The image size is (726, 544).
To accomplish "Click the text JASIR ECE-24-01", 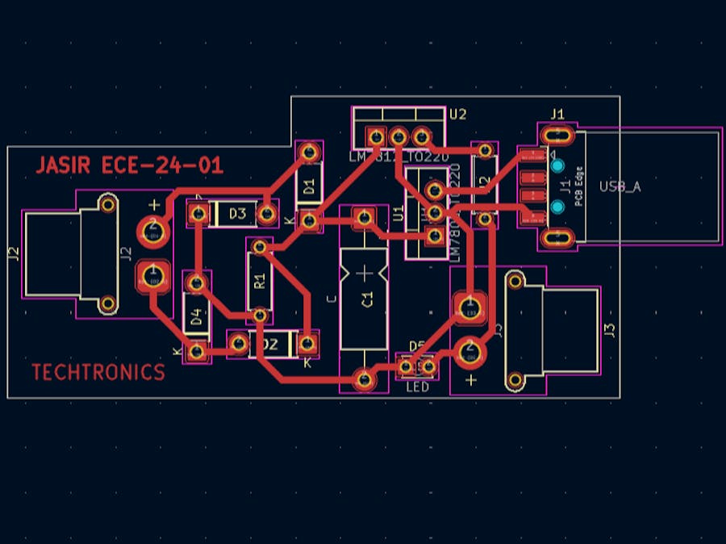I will [x=129, y=166].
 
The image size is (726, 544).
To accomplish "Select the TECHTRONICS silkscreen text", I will [x=98, y=372].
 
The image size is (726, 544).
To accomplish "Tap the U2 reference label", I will [x=458, y=114].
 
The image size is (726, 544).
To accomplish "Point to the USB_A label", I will [x=620, y=186].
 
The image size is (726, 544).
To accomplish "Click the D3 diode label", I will [x=237, y=214].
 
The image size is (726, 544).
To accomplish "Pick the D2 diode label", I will [x=270, y=345].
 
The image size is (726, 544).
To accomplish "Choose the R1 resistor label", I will [x=260, y=281].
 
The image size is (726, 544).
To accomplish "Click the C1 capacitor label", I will [x=368, y=299].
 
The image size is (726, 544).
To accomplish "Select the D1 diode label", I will [x=308, y=187].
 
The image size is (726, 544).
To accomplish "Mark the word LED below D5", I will [x=417, y=387].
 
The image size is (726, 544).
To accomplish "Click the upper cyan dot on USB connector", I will [x=557, y=167].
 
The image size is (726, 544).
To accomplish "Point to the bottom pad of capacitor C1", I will [x=365, y=378].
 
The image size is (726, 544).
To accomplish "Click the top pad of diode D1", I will [x=308, y=151].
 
